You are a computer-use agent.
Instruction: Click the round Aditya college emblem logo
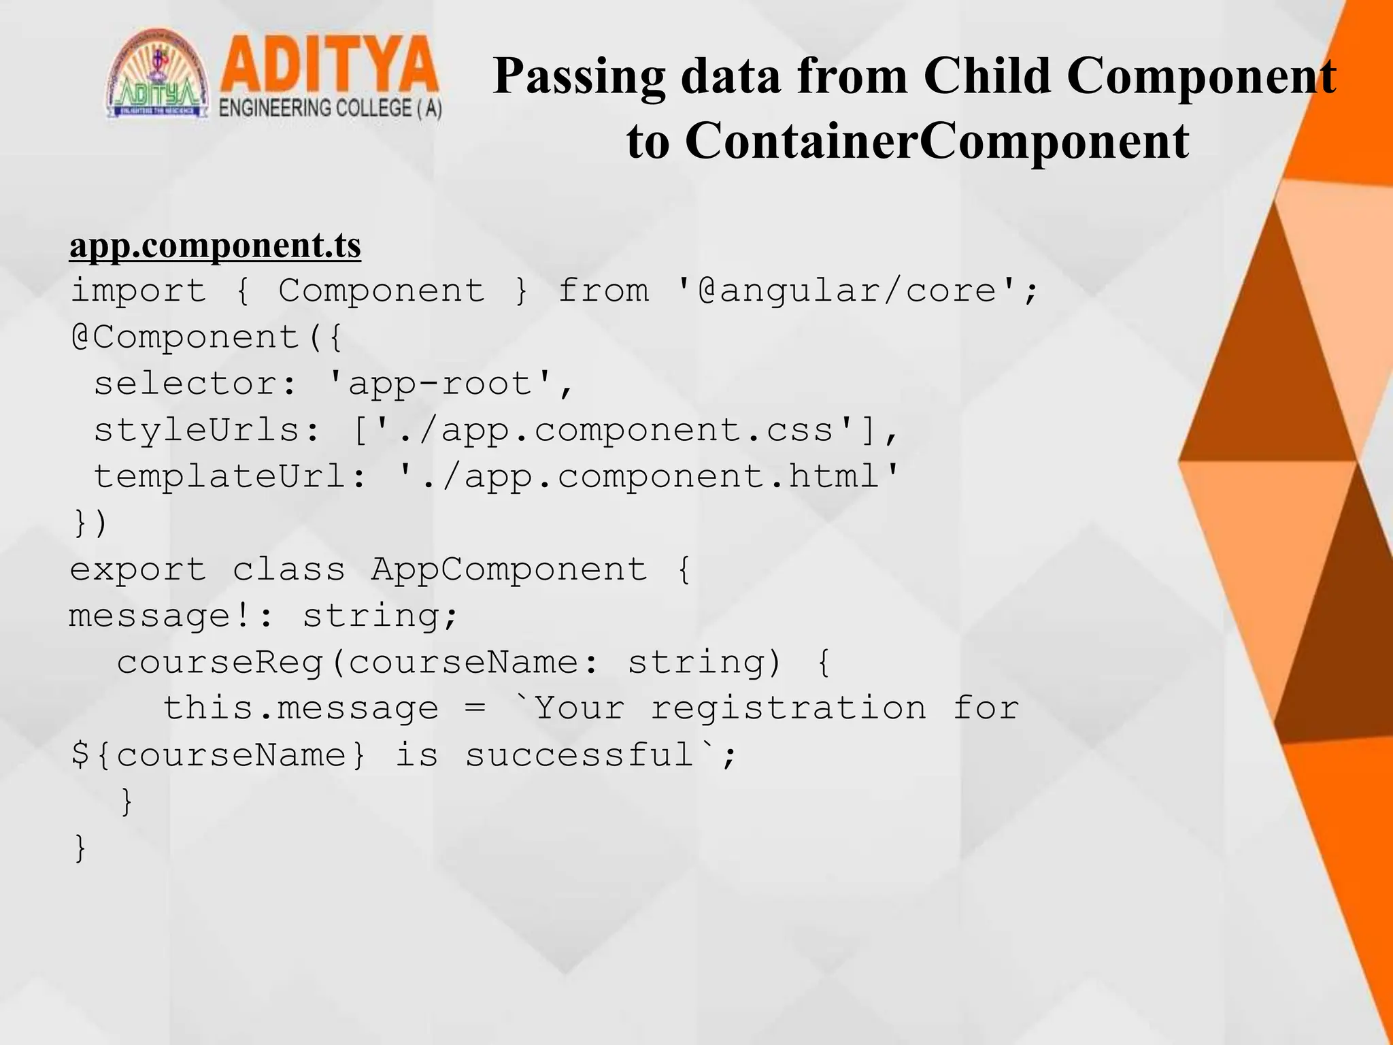coord(158,75)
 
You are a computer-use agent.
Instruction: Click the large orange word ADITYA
coord(329,65)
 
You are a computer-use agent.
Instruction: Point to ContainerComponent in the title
coord(937,141)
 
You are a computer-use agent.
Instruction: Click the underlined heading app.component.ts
coord(215,245)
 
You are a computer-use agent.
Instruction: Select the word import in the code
coord(139,291)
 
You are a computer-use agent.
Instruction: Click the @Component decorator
coord(185,337)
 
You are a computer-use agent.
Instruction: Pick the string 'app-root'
coord(440,384)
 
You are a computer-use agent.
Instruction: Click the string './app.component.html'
coord(649,476)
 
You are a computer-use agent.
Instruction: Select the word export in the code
coord(139,569)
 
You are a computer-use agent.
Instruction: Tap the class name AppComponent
coord(509,569)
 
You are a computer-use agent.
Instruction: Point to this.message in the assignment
coord(301,708)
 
